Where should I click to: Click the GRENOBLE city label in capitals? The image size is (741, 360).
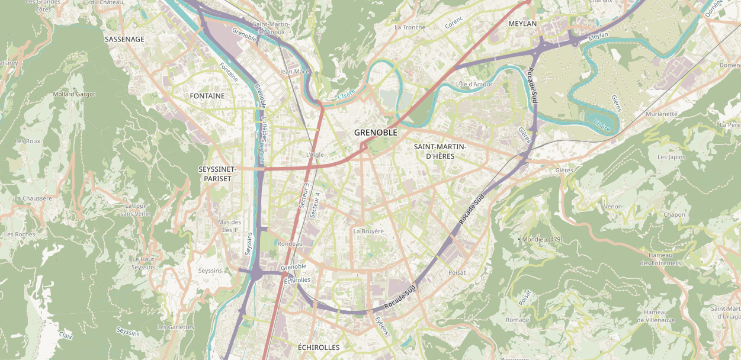[376, 133]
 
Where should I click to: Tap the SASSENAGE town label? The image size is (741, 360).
[124, 39]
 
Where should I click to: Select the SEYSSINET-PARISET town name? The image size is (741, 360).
[217, 173]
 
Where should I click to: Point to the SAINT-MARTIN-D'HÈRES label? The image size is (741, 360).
[440, 151]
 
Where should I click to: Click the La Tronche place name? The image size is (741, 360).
[410, 27]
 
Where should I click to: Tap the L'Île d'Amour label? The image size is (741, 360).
[474, 84]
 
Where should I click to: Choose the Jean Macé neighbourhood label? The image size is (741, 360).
[295, 72]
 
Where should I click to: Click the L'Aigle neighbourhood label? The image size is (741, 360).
[315, 155]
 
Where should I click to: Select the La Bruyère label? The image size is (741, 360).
[368, 231]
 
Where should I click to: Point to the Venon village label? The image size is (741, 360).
[612, 207]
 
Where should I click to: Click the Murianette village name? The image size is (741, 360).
[662, 114]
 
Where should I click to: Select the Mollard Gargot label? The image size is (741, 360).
[74, 94]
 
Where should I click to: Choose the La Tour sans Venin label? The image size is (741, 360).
[136, 210]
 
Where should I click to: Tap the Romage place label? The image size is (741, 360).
[518, 320]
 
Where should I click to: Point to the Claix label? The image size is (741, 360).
[65, 336]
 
